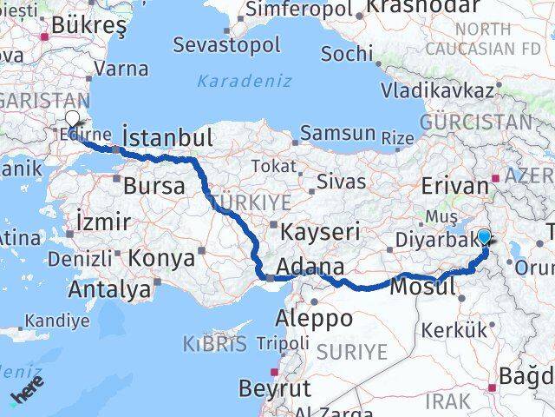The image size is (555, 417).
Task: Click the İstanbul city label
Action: (x=168, y=138)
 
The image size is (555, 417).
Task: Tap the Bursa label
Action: (x=153, y=185)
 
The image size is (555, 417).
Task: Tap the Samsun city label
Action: (x=339, y=135)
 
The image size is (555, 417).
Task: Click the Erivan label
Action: (x=455, y=187)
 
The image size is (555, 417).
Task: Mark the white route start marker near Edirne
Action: (x=72, y=121)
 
